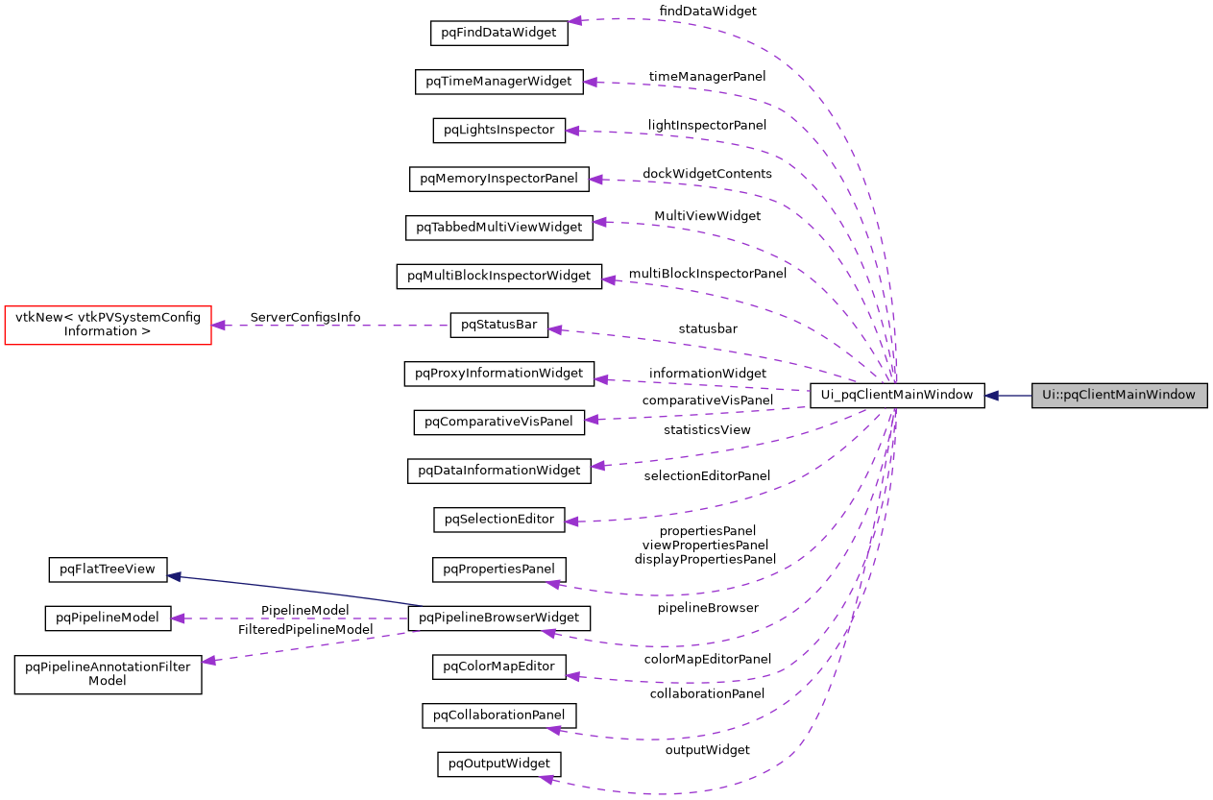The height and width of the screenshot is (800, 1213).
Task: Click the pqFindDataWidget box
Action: click(498, 32)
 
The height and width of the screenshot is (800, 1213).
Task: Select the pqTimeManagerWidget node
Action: click(498, 82)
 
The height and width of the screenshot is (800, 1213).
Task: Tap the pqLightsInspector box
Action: click(498, 130)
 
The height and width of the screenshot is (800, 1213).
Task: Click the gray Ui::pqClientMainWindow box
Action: click(1119, 395)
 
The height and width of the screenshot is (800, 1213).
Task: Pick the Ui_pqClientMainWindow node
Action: click(896, 395)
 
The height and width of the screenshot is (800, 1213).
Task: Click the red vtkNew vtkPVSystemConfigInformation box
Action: click(108, 325)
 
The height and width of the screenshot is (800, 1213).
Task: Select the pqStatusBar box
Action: click(498, 325)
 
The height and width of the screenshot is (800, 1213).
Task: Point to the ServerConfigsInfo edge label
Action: click(305, 317)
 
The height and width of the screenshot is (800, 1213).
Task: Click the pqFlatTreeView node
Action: click(108, 570)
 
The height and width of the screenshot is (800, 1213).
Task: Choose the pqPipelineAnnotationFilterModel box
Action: click(108, 673)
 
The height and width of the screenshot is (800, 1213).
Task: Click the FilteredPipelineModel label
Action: click(305, 630)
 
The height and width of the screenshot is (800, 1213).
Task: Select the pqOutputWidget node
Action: click(498, 764)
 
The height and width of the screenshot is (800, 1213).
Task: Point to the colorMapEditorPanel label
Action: click(707, 659)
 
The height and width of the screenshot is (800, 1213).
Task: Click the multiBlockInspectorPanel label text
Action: click(708, 274)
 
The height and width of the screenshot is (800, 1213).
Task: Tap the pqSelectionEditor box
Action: click(498, 520)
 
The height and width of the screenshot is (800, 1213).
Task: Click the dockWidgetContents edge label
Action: click(707, 174)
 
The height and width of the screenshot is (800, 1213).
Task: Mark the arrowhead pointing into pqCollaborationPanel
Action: click(554, 730)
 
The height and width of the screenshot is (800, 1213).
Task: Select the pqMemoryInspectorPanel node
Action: click(498, 178)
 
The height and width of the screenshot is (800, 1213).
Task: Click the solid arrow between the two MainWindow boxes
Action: click(1007, 395)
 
